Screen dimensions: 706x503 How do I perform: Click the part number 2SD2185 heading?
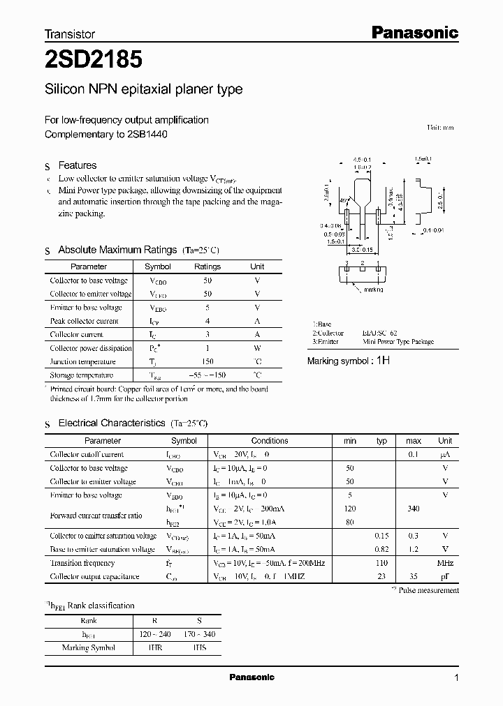(x=94, y=60)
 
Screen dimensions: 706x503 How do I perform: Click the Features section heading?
(x=77, y=165)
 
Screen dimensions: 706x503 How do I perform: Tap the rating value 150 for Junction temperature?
(x=207, y=361)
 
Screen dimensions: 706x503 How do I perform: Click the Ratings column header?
(x=207, y=266)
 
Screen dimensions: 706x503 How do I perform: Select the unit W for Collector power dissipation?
(x=257, y=348)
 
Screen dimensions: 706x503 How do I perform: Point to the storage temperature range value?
(x=207, y=375)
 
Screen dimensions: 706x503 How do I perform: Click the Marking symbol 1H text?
(x=349, y=361)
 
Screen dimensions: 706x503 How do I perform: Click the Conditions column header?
(x=270, y=441)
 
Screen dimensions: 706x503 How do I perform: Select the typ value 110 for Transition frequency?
(x=381, y=563)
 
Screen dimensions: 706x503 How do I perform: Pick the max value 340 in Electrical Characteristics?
(x=414, y=509)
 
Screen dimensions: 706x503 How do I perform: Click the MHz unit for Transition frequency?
(x=445, y=563)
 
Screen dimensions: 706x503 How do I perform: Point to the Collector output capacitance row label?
(x=94, y=577)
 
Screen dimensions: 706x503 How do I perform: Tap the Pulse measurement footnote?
(x=435, y=590)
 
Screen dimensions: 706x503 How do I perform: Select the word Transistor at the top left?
(x=70, y=33)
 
